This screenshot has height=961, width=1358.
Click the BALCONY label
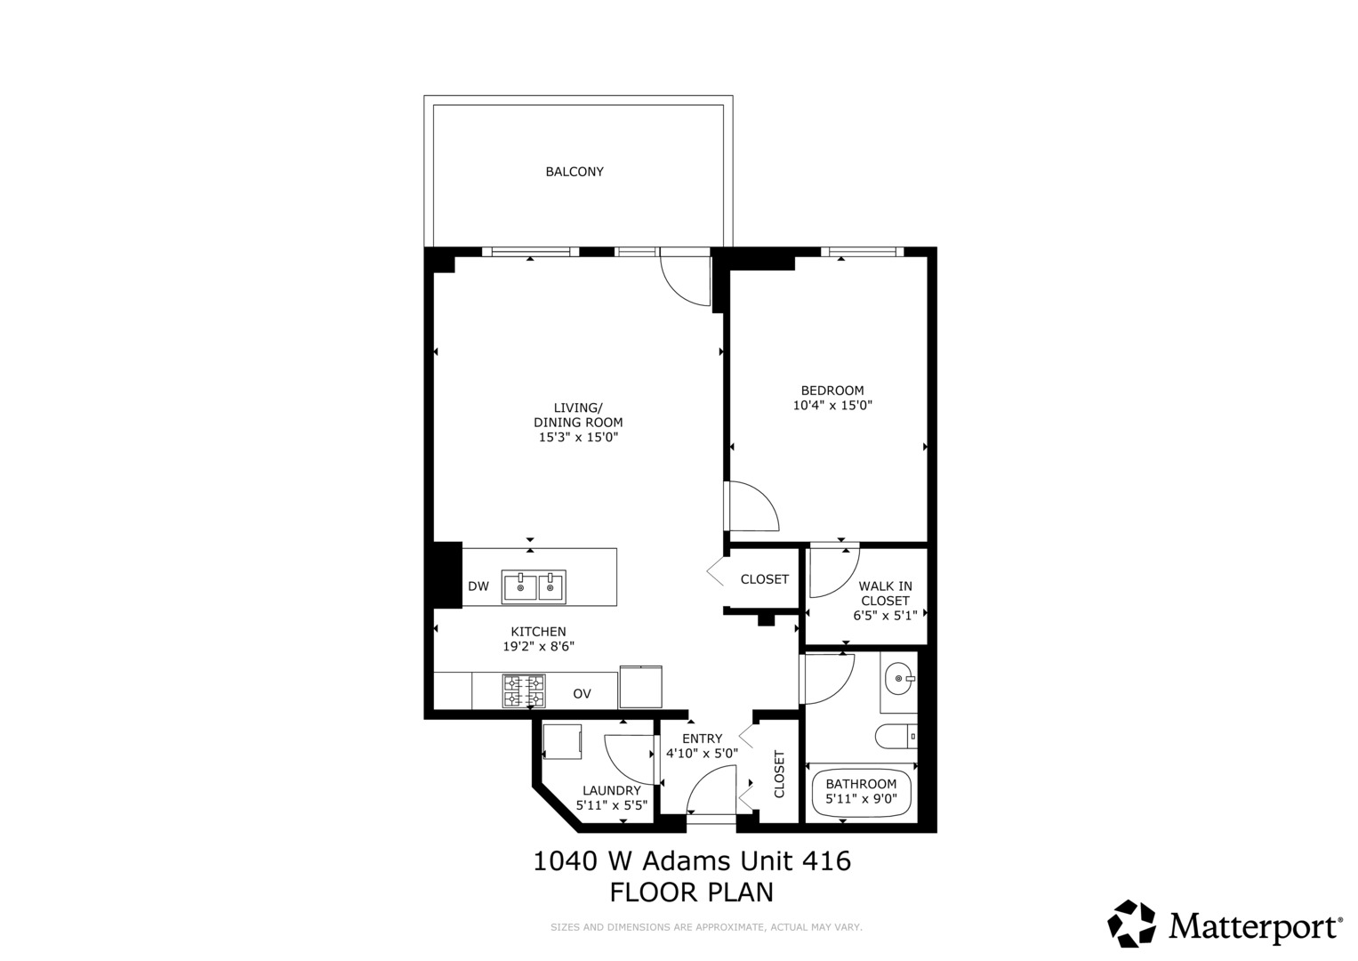[575, 172]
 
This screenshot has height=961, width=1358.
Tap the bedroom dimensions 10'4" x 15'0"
[832, 406]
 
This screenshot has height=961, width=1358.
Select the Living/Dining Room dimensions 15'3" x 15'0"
[578, 438]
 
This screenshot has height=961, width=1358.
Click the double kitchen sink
[534, 587]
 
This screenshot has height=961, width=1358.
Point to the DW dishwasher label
[478, 586]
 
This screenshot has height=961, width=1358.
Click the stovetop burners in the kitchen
[524, 691]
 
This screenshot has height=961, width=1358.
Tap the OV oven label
[582, 694]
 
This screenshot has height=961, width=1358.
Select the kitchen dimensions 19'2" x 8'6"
[539, 647]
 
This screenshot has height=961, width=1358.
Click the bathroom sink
[899, 679]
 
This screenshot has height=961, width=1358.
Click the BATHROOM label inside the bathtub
[861, 784]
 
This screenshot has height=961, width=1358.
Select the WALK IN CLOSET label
[885, 594]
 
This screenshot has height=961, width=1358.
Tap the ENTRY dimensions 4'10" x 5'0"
[702, 754]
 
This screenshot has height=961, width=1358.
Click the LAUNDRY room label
[611, 790]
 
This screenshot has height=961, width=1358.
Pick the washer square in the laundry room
[562, 740]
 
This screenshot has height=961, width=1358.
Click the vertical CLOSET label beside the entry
[780, 773]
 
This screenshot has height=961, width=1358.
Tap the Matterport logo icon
[1131, 924]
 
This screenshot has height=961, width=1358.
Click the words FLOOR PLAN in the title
[691, 892]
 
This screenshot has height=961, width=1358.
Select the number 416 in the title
[826, 861]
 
